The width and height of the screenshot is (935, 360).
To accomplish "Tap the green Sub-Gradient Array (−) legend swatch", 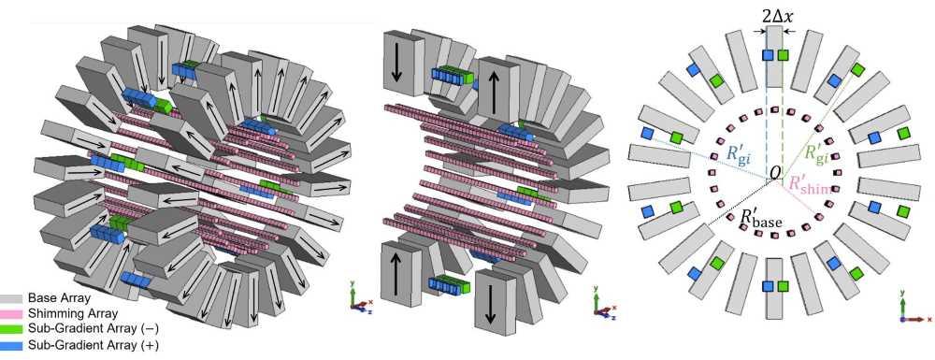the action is [12, 328].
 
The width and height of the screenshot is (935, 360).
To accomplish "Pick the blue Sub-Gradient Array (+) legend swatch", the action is [12, 344].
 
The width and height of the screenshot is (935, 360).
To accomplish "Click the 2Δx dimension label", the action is [775, 17].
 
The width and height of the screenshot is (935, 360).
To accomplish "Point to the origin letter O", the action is [773, 173].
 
